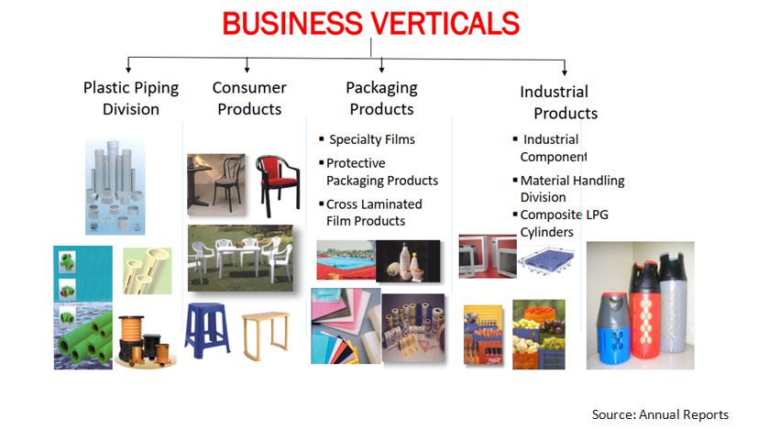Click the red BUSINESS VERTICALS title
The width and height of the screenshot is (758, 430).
371,23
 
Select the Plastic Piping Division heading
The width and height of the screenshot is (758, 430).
131,98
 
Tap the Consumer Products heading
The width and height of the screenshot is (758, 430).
249,98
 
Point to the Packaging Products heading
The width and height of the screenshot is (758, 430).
381,98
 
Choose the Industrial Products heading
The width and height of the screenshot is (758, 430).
559,102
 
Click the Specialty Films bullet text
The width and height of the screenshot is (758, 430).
372,139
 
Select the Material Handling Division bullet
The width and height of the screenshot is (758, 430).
572,189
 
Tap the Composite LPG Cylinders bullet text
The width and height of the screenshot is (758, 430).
564,223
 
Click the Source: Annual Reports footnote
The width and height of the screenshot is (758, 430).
660,414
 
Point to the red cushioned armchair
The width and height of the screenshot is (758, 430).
278,185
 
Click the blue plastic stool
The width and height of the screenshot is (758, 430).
207,330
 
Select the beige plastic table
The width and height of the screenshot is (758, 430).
266,336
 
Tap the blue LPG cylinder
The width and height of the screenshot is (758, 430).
614,328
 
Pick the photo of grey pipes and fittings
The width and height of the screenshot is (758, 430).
115,187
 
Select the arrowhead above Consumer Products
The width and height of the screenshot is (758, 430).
247,70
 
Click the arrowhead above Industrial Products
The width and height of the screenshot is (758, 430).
565,72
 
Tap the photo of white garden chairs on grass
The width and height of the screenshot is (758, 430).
240,258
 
